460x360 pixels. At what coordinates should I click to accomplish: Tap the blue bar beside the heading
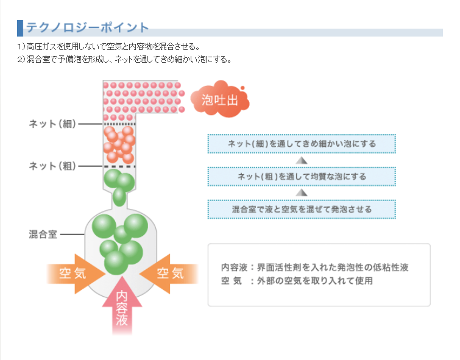20,28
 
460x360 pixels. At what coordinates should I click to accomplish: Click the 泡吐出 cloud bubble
220,100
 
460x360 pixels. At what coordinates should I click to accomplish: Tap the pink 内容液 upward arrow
122,308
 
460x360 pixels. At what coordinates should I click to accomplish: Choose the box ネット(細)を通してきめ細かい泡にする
302,144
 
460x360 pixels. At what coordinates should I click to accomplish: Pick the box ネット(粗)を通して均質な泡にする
302,177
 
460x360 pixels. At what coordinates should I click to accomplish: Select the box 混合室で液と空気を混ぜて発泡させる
302,209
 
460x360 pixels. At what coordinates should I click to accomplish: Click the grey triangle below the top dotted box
301,160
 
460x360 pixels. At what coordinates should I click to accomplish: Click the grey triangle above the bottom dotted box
301,192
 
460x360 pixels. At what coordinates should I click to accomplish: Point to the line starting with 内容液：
314,267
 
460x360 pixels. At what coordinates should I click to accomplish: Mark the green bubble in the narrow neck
119,197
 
